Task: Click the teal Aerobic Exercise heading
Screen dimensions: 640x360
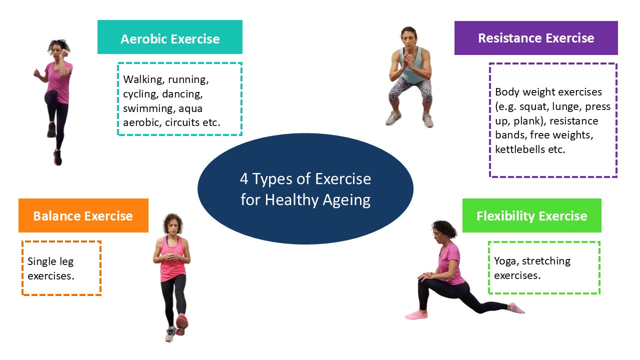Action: coord(170,37)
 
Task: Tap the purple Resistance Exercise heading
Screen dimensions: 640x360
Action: coord(536,38)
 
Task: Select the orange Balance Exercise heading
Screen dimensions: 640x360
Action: coord(83,215)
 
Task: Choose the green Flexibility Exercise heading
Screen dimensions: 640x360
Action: coord(532,215)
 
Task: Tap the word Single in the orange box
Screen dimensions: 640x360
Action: coord(42,261)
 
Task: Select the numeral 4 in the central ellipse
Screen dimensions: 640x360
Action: coord(244,179)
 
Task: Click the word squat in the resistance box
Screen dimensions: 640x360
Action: coord(533,107)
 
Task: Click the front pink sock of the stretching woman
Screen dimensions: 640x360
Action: coord(416,315)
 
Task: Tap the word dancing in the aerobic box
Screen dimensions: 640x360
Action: coord(182,94)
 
